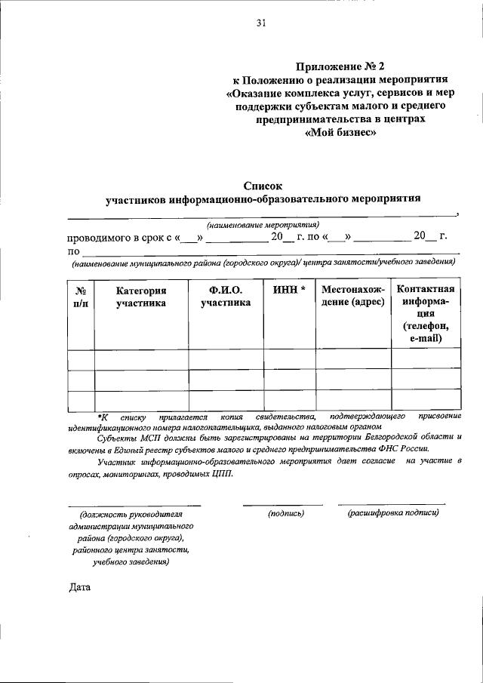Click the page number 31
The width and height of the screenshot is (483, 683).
(x=262, y=23)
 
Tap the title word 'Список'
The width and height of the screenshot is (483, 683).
(x=262, y=184)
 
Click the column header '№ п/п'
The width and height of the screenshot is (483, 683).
(x=81, y=297)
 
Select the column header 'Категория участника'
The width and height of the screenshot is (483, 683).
(x=141, y=297)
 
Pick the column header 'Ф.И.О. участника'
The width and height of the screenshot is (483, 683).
(x=226, y=297)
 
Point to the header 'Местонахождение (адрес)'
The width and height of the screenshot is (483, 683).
(x=352, y=297)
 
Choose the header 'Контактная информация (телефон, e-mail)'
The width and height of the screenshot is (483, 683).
(x=426, y=315)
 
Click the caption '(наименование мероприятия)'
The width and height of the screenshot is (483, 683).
(x=263, y=224)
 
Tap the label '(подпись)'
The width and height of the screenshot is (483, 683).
(x=286, y=513)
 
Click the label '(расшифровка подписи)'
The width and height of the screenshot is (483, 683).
(x=392, y=513)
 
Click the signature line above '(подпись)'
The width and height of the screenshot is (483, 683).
(x=283, y=504)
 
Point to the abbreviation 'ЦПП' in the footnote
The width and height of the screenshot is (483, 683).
(x=223, y=474)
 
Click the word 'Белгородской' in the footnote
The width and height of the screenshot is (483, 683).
(x=388, y=437)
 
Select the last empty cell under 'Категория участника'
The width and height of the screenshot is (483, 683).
(x=141, y=400)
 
